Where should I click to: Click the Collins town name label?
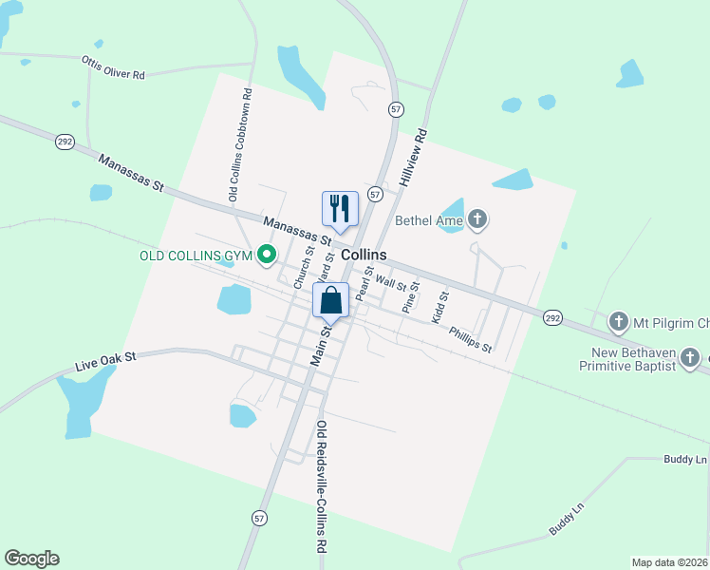tap(364, 256)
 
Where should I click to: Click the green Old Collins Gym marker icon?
tap(268, 255)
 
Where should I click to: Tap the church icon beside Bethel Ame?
tap(477, 220)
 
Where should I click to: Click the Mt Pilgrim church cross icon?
tap(619, 320)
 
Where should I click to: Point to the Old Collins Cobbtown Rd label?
tap(239, 144)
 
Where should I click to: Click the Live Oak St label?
tap(106, 361)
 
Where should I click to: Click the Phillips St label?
tap(471, 339)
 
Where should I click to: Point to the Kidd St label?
tap(439, 308)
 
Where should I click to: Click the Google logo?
tap(31, 559)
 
